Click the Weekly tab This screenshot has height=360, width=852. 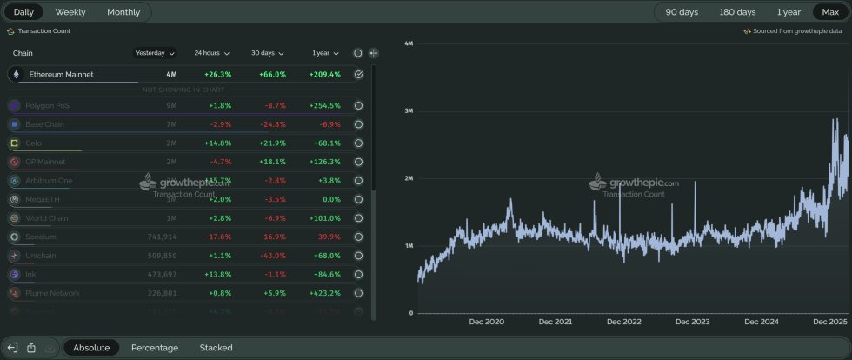[70, 12]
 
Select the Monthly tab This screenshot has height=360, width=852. [123, 12]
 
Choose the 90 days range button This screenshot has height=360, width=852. [682, 12]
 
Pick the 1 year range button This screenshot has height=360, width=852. [789, 12]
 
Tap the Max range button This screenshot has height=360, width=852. [829, 12]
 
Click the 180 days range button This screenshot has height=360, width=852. [737, 12]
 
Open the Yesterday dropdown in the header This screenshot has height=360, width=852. [156, 53]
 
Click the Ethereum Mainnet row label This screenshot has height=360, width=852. [61, 75]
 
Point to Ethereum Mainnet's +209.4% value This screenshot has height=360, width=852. [324, 75]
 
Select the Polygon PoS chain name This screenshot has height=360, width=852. [49, 106]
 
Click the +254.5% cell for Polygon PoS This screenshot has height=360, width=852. [324, 106]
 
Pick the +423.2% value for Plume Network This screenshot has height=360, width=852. [324, 293]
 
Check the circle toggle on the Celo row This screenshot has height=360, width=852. [358, 143]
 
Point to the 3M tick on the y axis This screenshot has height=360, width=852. [408, 111]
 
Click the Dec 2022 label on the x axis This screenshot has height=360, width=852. [623, 322]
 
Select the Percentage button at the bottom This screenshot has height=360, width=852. [155, 348]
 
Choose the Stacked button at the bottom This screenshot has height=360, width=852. [216, 348]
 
